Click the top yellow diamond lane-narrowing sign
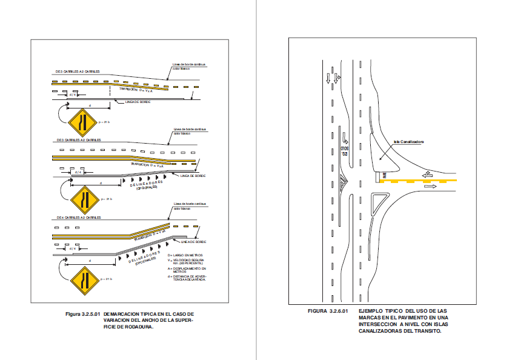(81, 123)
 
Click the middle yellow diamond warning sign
(82, 199)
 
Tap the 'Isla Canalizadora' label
(408, 142)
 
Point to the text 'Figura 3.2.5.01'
(82, 314)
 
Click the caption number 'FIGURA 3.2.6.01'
(328, 311)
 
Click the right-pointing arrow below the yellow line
(431, 187)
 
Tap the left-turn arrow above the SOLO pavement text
(344, 138)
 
